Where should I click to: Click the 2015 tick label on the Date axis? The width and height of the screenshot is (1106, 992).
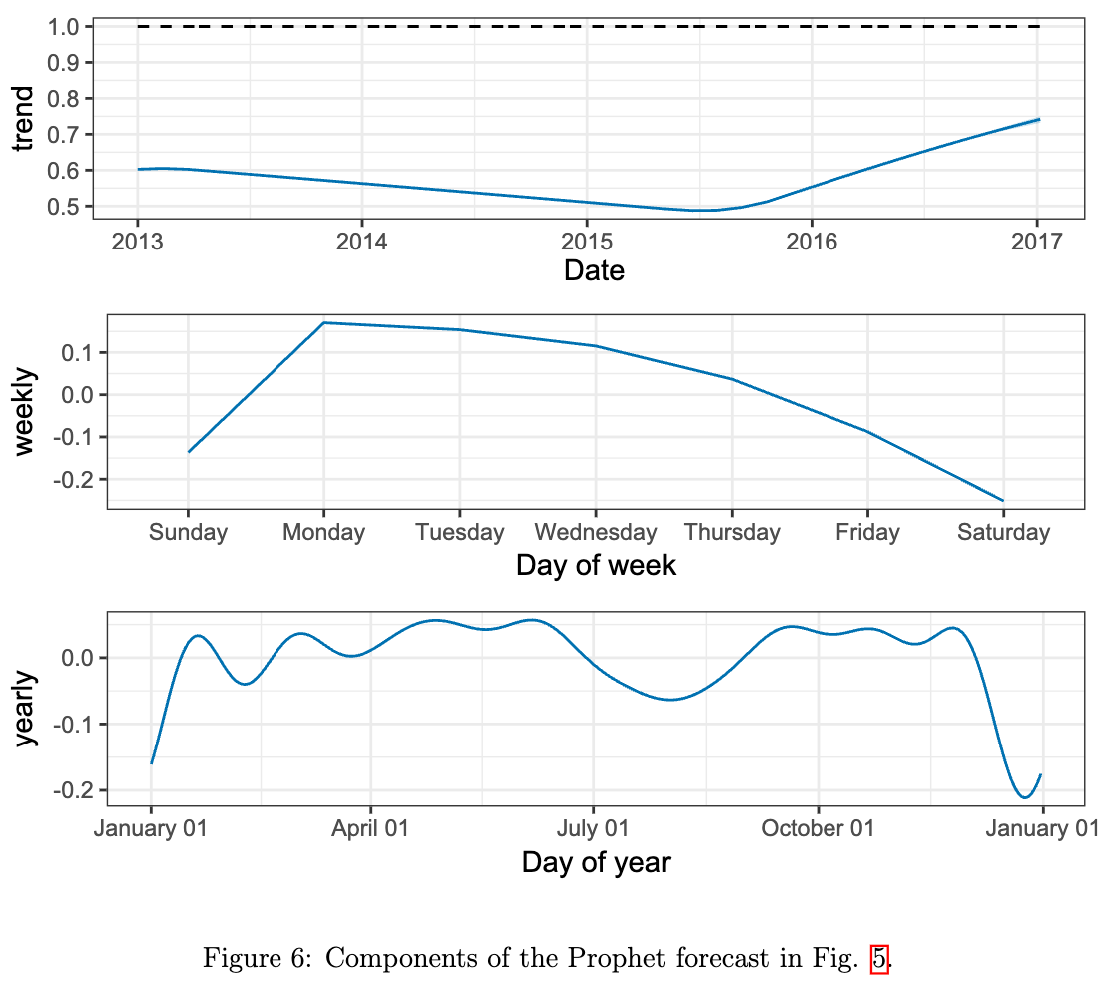[586, 242]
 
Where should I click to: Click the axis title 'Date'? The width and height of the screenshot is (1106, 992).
[594, 270]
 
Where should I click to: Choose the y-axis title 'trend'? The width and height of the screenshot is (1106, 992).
[23, 119]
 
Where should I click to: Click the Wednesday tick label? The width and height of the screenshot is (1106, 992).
[596, 533]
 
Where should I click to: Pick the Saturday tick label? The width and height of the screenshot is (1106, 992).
[1003, 533]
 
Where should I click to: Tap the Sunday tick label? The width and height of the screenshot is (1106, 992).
[188, 533]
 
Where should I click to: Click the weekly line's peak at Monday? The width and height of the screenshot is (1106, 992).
[324, 322]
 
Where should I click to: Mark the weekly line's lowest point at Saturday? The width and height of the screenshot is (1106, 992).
[1003, 501]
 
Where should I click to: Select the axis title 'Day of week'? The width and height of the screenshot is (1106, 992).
[596, 566]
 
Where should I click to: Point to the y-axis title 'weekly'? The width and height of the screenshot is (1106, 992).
[23, 411]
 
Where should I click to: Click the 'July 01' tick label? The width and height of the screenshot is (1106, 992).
[593, 829]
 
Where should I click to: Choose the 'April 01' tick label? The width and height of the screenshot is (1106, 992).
[370, 829]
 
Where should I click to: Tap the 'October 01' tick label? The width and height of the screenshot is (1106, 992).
[818, 829]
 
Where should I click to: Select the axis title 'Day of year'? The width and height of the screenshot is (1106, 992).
[596, 862]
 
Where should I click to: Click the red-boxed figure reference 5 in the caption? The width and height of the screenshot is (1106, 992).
[879, 960]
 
